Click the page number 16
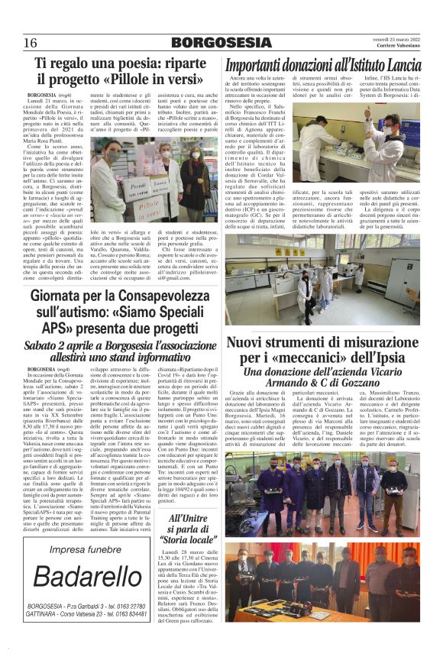click(31, 42)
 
